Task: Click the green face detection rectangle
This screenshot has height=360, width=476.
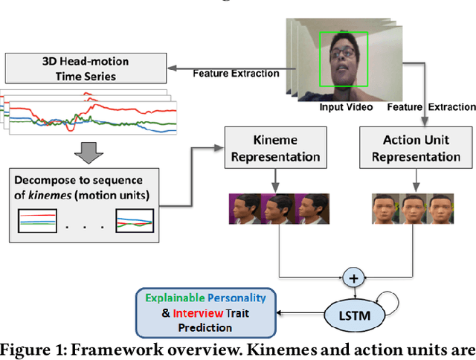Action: point(344,57)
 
